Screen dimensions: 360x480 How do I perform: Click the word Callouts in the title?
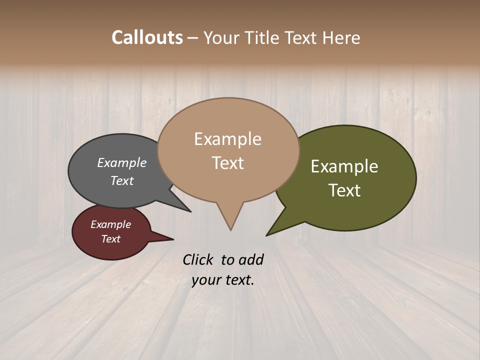[x=147, y=37]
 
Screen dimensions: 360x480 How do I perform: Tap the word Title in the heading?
[x=264, y=37]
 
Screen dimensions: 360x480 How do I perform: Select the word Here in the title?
[x=341, y=37]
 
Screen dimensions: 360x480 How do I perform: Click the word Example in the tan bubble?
[x=227, y=139]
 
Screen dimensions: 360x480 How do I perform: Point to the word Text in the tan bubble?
[x=227, y=163]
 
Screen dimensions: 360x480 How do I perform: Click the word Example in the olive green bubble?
[x=344, y=166]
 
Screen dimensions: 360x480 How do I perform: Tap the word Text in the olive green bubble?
[x=344, y=190]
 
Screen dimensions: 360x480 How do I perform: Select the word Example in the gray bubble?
[x=122, y=163]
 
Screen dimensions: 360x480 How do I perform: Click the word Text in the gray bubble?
[x=122, y=180]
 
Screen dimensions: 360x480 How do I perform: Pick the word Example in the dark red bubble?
[x=110, y=224]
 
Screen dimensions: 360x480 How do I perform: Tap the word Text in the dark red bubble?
[x=110, y=239]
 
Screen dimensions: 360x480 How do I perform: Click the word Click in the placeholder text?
[x=198, y=259]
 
